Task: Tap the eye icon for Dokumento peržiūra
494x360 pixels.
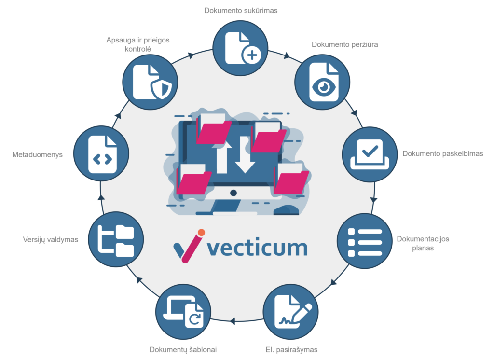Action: pyautogui.click(x=323, y=86)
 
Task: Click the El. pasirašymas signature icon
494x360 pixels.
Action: pyautogui.click(x=291, y=311)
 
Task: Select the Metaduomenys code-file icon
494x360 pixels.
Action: pyautogui.click(x=102, y=153)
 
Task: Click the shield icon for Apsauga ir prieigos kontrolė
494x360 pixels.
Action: pyautogui.click(x=161, y=88)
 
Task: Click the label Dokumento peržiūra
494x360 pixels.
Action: pyautogui.click(x=344, y=44)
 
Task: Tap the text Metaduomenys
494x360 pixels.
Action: pyautogui.click(x=38, y=155)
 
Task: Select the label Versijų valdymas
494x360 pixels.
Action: pyautogui.click(x=51, y=239)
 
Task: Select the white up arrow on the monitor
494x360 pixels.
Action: pyautogui.click(x=222, y=153)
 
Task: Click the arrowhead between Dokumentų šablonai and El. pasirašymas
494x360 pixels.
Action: pyautogui.click(x=233, y=319)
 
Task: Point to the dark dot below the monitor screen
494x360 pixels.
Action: pyautogui.click(x=233, y=193)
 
